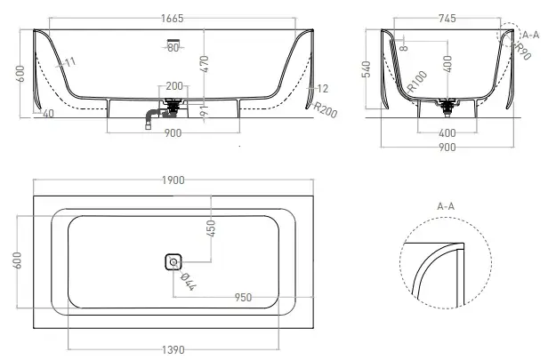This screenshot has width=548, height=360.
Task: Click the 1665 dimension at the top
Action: [x=172, y=19]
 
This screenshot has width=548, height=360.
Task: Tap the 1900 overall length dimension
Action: [x=173, y=180]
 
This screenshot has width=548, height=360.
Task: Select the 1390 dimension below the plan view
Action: [x=173, y=350]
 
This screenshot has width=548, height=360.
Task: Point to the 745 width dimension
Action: [x=447, y=18]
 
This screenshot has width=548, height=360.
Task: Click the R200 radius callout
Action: [x=326, y=110]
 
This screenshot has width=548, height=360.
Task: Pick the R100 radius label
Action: [x=417, y=82]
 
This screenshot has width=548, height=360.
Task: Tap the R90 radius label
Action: [x=523, y=52]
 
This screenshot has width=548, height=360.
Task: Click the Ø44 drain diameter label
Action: [x=189, y=282]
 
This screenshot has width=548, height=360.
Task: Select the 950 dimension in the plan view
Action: [x=243, y=298]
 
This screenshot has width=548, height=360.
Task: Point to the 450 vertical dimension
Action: [x=211, y=228]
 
